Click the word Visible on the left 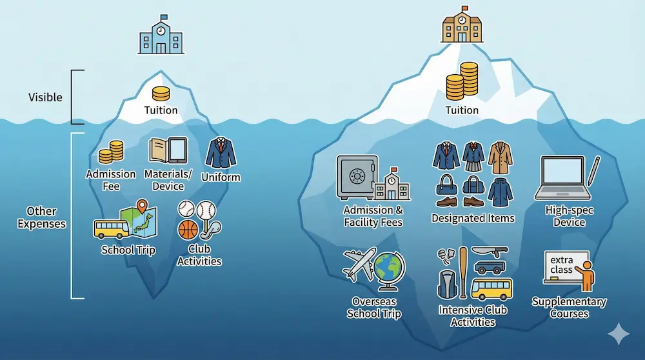(45, 97)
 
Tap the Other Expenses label (41, 217)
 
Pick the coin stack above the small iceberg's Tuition (161, 93)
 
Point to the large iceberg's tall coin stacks (462, 81)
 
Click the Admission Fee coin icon (110, 153)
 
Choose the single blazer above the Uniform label (221, 154)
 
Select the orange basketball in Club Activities (187, 230)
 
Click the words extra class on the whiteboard (561, 265)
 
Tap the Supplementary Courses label (569, 308)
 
